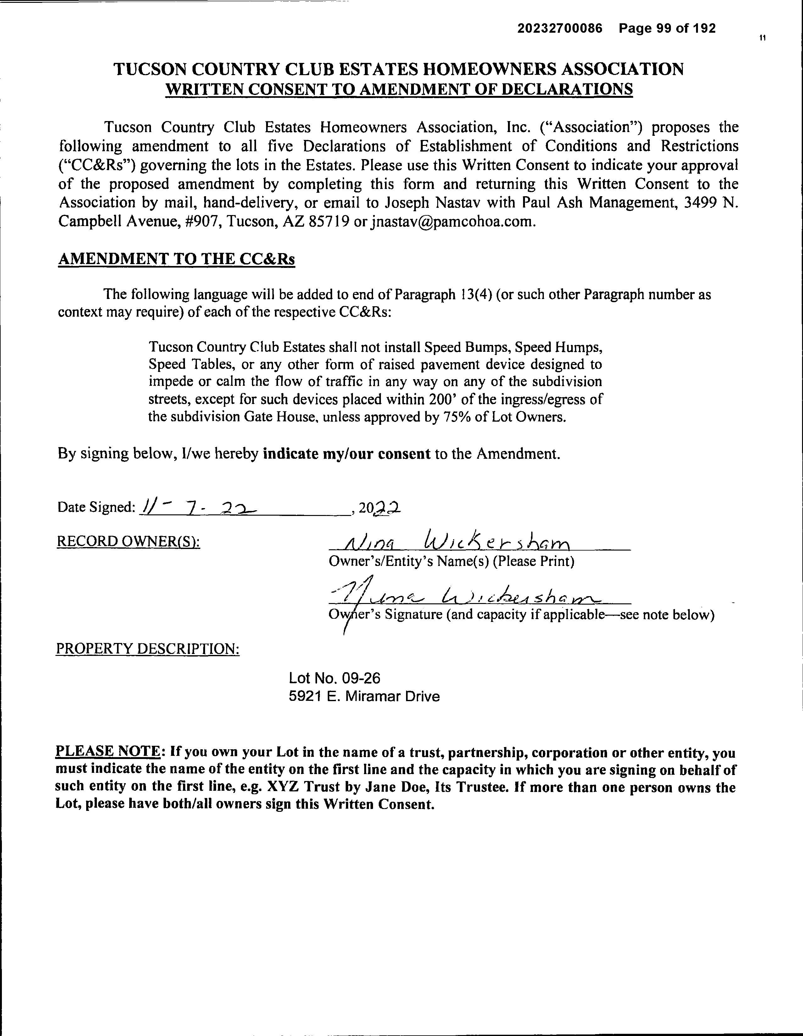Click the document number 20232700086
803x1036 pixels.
tap(560, 29)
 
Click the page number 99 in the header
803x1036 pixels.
tap(665, 29)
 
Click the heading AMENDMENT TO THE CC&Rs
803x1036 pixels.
tap(176, 259)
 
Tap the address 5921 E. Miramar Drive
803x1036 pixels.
tap(364, 696)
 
